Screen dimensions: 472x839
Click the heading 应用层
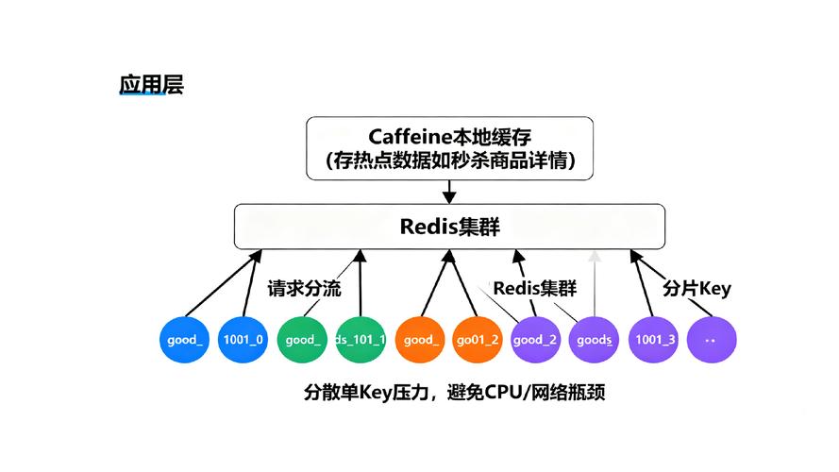(151, 84)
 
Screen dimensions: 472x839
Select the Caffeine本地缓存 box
(449, 148)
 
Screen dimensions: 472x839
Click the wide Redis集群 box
(449, 227)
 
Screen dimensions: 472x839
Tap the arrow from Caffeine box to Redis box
(449, 192)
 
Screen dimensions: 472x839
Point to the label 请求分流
(304, 288)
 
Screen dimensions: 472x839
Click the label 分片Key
(696, 288)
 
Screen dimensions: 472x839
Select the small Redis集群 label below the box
(534, 288)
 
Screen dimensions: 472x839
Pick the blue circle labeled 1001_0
(243, 340)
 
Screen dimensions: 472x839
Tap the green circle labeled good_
(302, 340)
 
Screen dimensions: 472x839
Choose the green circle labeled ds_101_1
(361, 340)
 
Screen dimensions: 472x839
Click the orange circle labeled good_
(420, 340)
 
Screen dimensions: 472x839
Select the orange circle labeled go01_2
(478, 340)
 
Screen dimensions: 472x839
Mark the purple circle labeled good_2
(536, 340)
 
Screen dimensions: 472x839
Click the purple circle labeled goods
(595, 340)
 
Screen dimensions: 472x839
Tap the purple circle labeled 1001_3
(653, 340)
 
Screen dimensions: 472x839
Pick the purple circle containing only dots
(712, 340)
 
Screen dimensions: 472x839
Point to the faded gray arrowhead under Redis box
(594, 255)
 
